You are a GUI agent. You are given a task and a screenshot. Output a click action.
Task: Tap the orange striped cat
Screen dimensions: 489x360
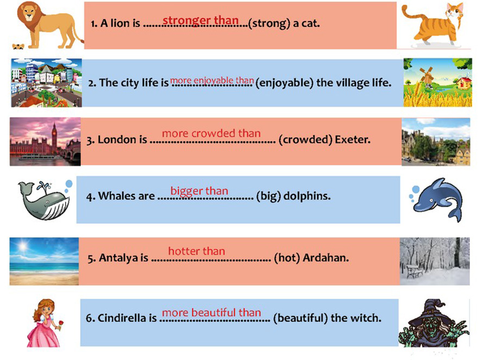coord(435,25)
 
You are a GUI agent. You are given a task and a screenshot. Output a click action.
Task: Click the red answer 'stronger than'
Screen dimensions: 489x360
coord(200,20)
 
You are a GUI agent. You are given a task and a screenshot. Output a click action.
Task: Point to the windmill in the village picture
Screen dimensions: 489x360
coord(427,75)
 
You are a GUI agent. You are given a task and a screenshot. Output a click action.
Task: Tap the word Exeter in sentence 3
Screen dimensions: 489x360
coord(353,140)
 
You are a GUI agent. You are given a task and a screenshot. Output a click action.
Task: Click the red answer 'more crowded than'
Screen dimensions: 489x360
coord(211,134)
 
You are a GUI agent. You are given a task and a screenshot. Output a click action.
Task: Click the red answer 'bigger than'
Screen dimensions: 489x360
coord(199,191)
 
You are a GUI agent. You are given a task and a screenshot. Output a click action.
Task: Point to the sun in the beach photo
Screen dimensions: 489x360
coord(22,247)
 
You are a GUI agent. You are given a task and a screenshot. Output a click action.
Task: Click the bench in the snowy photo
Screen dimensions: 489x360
coord(415,271)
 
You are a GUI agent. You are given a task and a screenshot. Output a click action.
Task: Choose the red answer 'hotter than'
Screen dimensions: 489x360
coord(197,251)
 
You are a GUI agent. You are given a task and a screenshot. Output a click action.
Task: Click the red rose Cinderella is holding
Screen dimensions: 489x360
coord(61,323)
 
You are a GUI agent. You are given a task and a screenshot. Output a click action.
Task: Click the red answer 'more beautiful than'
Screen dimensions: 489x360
coord(211,313)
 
